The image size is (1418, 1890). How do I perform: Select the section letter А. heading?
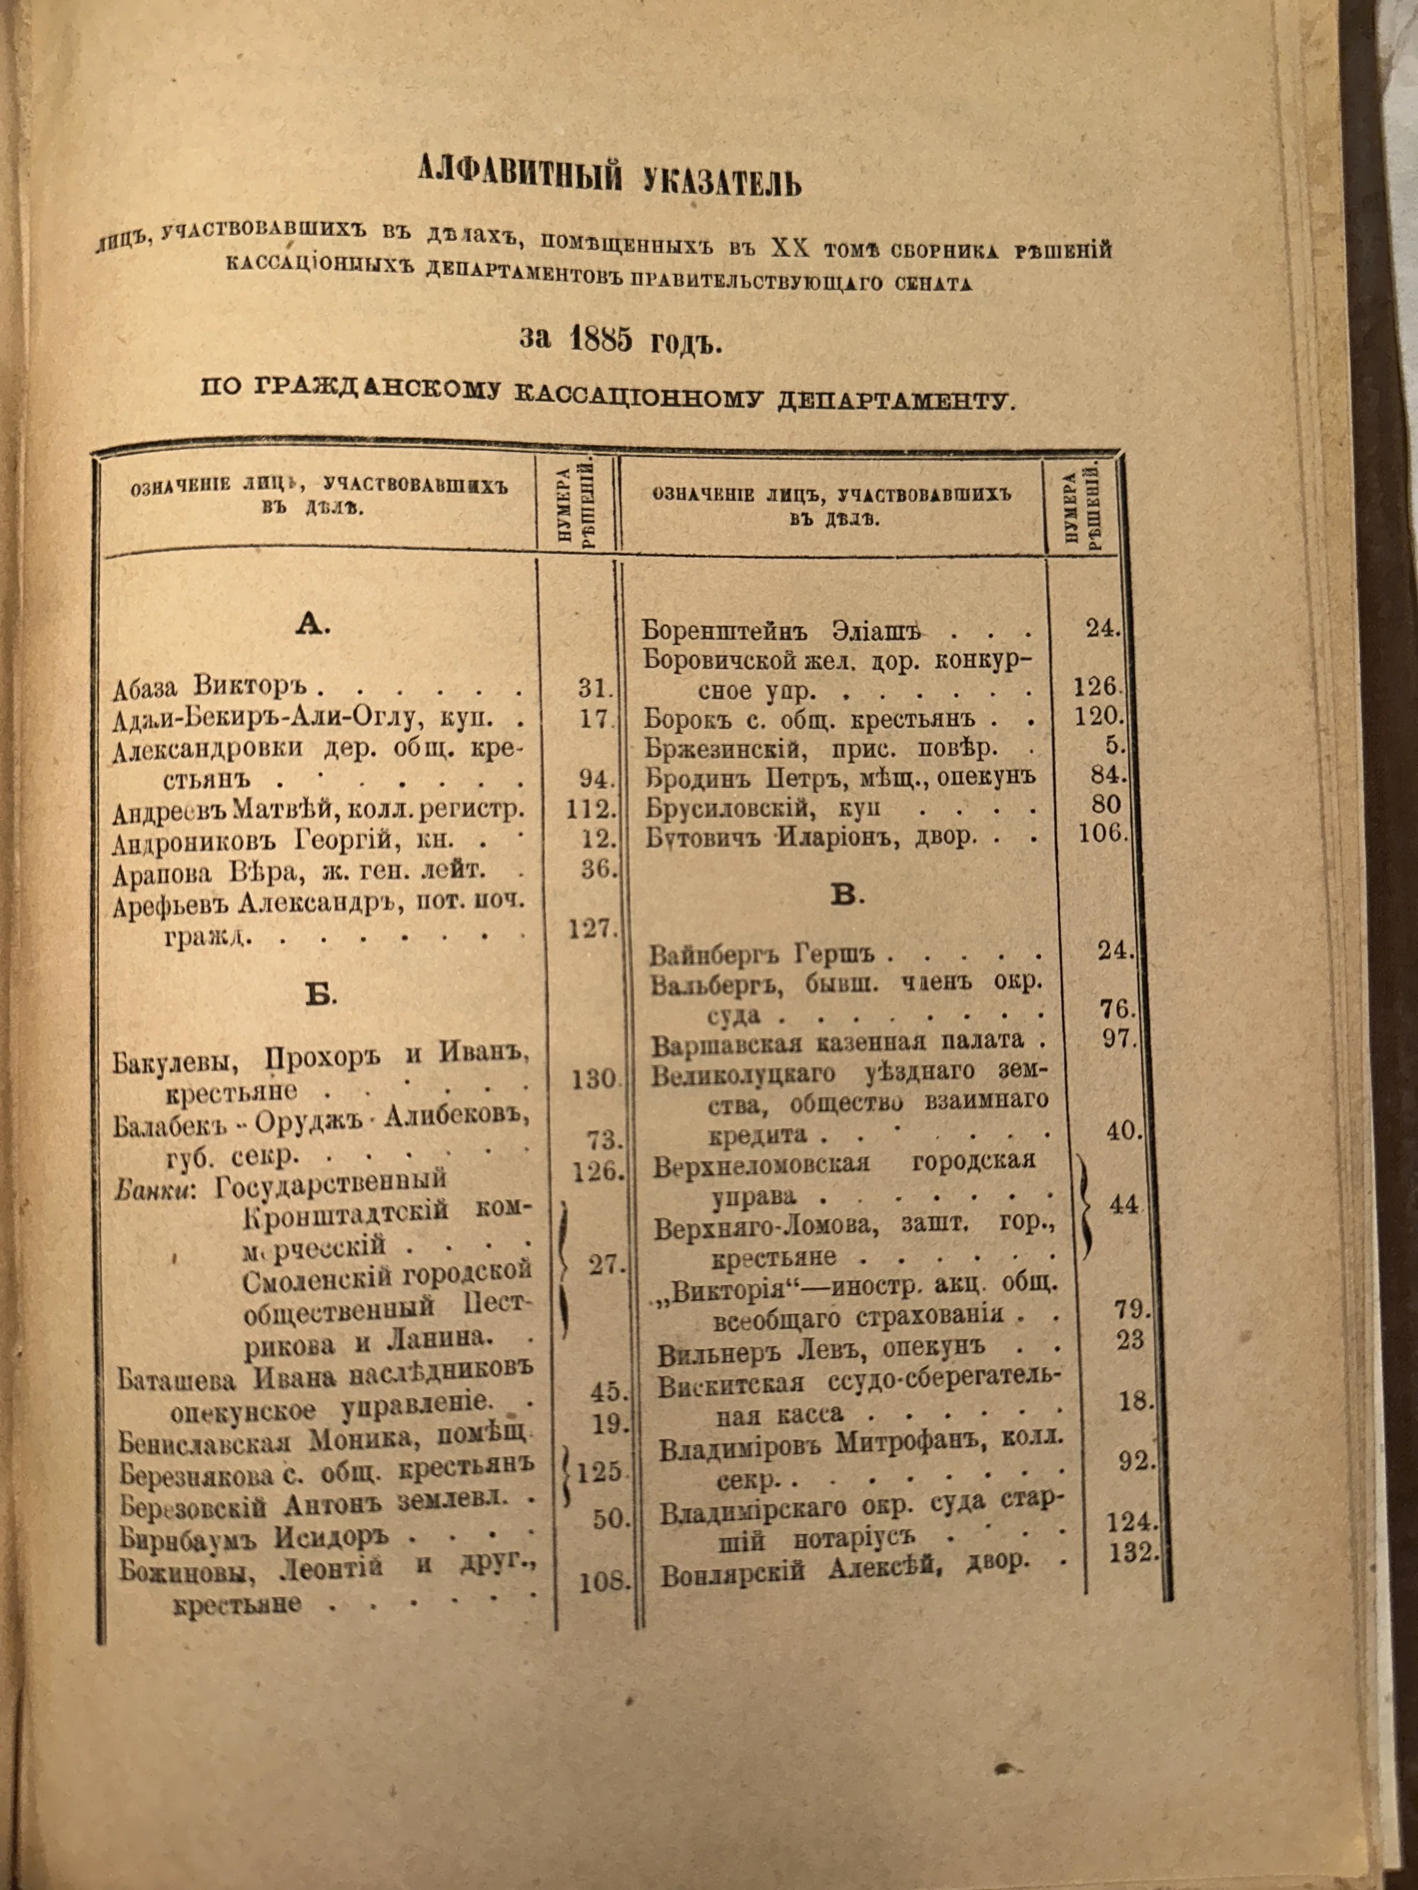tap(313, 625)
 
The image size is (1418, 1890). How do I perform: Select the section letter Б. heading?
tap(320, 994)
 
